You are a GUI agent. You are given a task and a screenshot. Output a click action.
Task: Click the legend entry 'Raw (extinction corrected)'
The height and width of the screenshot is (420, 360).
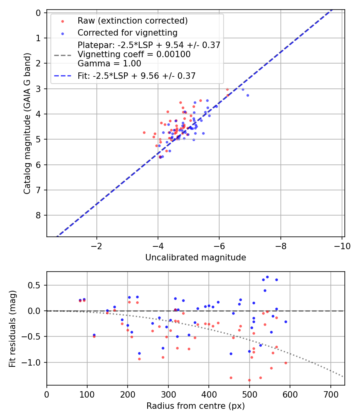pyautogui.click(x=132, y=21)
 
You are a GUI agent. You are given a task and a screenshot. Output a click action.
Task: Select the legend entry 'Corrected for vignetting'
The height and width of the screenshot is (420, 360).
pyautogui.click(x=127, y=32)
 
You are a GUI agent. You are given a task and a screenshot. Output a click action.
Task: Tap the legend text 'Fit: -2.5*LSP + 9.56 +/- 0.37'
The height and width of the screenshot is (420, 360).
pyautogui.click(x=136, y=76)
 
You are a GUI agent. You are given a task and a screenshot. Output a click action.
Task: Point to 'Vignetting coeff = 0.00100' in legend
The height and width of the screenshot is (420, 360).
pyautogui.click(x=134, y=54)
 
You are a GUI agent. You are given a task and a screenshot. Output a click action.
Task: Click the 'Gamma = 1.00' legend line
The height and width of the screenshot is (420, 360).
pyautogui.click(x=109, y=64)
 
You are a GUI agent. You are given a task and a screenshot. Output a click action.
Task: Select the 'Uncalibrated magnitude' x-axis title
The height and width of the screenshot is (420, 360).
pyautogui.click(x=195, y=258)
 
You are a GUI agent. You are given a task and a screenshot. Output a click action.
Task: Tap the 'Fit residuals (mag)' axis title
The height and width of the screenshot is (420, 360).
pyautogui.click(x=13, y=328)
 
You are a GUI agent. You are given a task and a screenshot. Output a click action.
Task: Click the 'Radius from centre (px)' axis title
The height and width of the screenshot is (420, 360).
pyautogui.click(x=195, y=406)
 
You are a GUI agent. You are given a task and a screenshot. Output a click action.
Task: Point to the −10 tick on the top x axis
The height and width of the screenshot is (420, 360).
pyautogui.click(x=342, y=246)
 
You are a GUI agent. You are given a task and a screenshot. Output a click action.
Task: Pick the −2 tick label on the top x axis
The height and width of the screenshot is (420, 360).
pyautogui.click(x=97, y=246)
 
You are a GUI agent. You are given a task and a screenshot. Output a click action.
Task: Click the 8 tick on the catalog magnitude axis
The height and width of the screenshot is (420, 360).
pyautogui.click(x=39, y=215)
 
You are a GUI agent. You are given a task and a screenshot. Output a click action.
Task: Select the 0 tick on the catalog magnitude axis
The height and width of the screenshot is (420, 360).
pyautogui.click(x=39, y=13)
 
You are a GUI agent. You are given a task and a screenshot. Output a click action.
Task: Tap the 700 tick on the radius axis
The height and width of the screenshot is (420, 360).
pyautogui.click(x=330, y=394)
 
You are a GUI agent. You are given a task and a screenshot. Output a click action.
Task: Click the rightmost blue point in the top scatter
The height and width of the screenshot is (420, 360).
pyautogui.click(x=248, y=95)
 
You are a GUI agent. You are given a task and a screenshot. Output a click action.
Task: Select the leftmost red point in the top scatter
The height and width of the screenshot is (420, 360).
pyautogui.click(x=144, y=132)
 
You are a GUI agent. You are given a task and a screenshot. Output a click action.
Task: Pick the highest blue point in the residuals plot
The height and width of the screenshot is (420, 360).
pyautogui.click(x=267, y=277)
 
